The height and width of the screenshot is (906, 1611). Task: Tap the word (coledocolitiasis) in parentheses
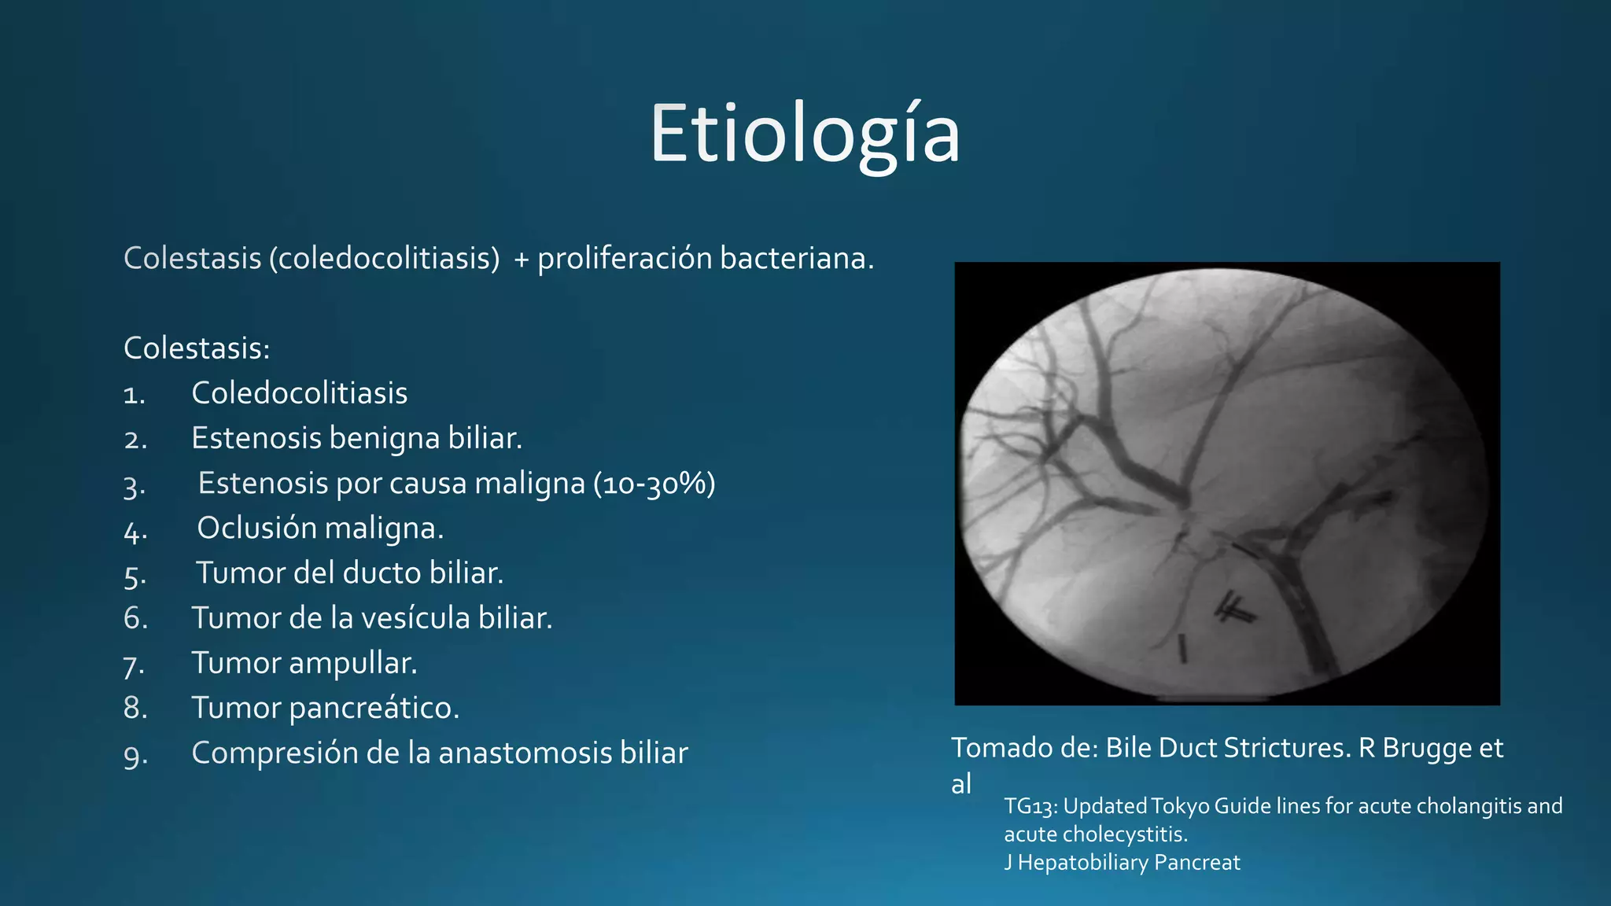point(385,259)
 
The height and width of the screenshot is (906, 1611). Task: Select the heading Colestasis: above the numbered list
point(197,348)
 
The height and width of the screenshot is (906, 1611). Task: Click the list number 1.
point(135,395)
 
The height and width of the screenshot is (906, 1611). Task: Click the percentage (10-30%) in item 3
point(654,483)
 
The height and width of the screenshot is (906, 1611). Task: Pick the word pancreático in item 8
point(374,708)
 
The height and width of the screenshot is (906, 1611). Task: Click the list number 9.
point(135,755)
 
